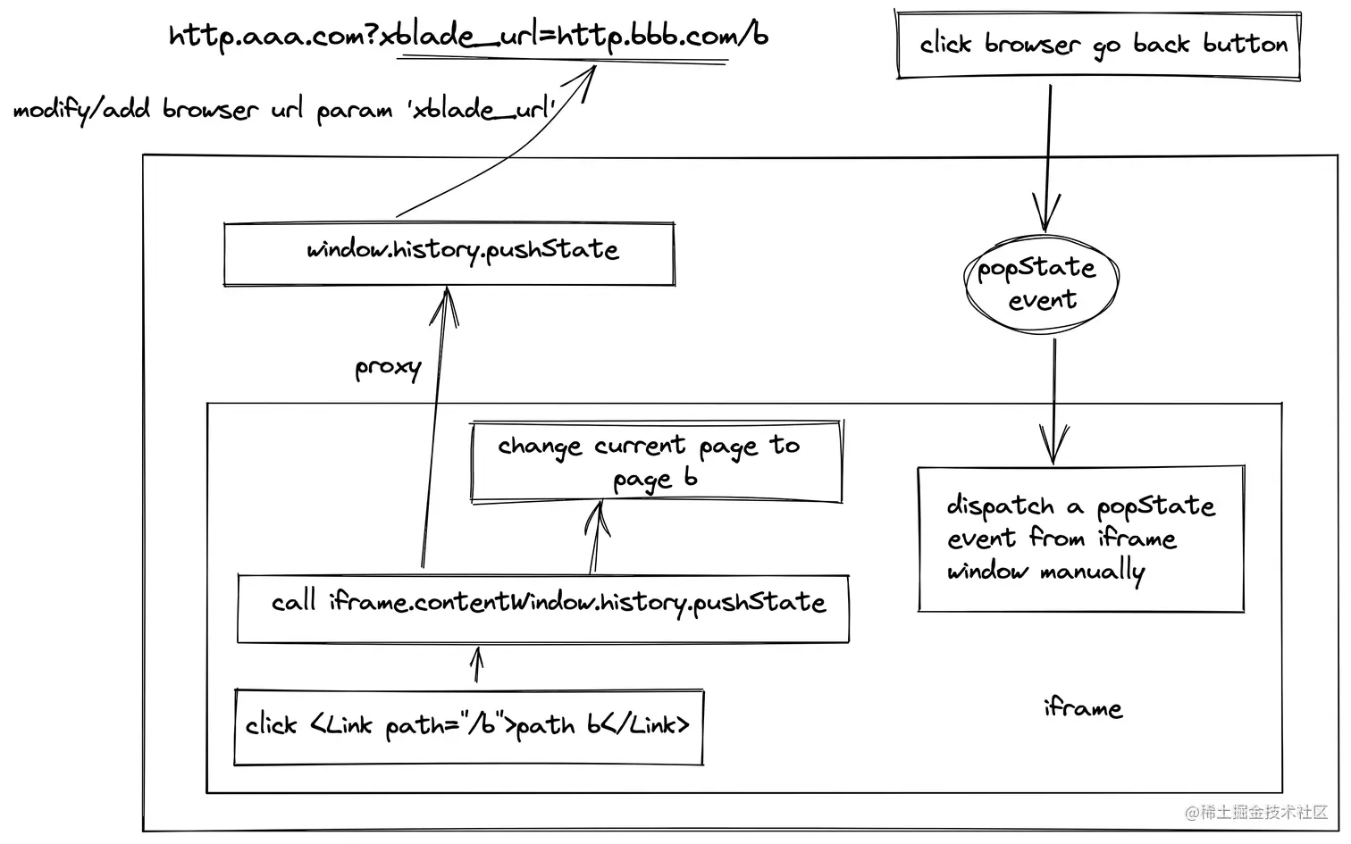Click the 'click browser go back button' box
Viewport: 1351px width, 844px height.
point(1098,45)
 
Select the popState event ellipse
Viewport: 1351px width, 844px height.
point(1041,283)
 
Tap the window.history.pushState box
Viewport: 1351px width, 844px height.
point(449,255)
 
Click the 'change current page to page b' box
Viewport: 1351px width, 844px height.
point(657,462)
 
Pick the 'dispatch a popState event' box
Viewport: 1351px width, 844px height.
point(1080,539)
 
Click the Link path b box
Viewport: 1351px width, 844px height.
point(468,726)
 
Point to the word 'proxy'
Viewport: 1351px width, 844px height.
point(387,367)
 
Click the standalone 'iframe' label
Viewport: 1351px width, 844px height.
point(1082,708)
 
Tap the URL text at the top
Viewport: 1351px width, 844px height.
point(468,37)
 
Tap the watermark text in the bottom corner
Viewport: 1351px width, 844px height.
point(1256,812)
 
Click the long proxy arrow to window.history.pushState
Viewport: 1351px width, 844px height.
point(433,429)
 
